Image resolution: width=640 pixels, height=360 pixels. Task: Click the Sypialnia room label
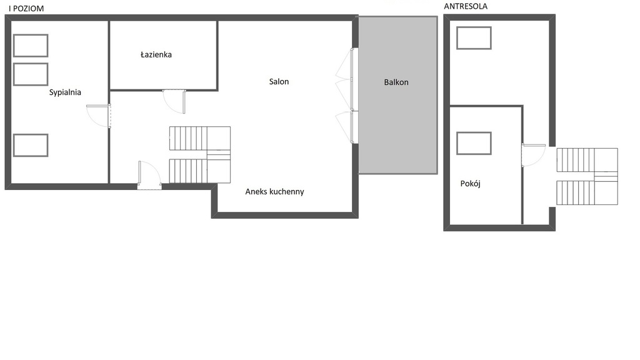(x=65, y=92)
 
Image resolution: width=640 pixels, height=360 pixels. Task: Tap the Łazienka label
(x=156, y=54)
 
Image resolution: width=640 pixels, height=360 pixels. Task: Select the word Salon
(x=279, y=82)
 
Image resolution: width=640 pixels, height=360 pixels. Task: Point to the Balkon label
(x=396, y=82)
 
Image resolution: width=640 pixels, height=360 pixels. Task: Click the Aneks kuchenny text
(x=274, y=191)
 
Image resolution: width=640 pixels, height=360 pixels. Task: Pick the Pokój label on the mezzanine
(x=470, y=183)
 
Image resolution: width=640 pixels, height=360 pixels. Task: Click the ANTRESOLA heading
(x=465, y=6)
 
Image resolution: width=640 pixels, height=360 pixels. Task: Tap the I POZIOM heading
(x=26, y=8)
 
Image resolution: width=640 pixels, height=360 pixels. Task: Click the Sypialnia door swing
(x=98, y=116)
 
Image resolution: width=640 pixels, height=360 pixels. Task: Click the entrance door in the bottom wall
(x=149, y=175)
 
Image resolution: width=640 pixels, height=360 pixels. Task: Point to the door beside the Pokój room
(x=534, y=155)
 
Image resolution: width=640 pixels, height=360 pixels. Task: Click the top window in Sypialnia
(x=31, y=45)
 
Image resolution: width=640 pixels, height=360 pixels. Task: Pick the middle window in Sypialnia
(x=31, y=74)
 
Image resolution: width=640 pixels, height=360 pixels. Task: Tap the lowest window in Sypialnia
(x=31, y=145)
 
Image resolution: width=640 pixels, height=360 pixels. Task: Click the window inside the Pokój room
(x=474, y=143)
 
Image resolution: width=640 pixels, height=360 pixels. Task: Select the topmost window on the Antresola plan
(x=474, y=38)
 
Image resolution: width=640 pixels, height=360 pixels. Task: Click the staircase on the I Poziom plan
(x=200, y=155)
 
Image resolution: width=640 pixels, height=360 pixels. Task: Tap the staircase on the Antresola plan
(x=587, y=176)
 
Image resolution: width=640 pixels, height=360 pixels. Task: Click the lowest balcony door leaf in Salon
(x=344, y=127)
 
